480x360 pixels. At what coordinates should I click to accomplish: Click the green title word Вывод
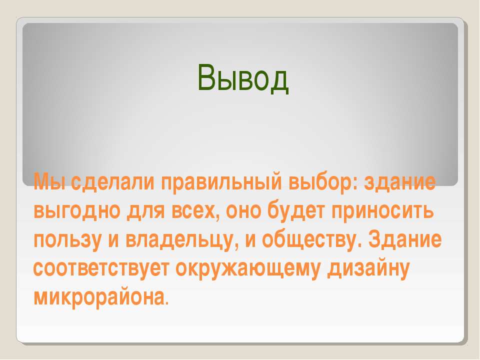point(243,78)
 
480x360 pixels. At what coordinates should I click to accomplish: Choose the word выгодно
point(77,211)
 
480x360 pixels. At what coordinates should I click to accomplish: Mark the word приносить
point(382,210)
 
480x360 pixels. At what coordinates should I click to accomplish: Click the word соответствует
point(101,268)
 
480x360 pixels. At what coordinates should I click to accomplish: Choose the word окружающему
point(248,268)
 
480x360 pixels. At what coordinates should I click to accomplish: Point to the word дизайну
point(368,267)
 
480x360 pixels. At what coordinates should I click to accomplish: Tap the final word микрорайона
point(100,296)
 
